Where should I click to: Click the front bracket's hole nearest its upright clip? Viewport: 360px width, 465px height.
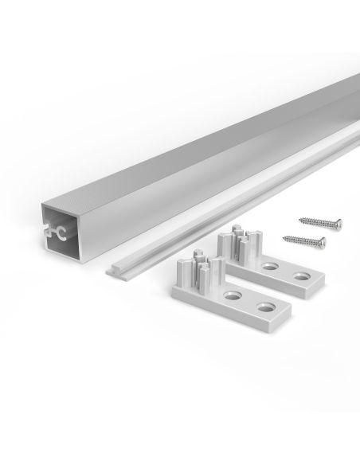(x=233, y=295)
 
